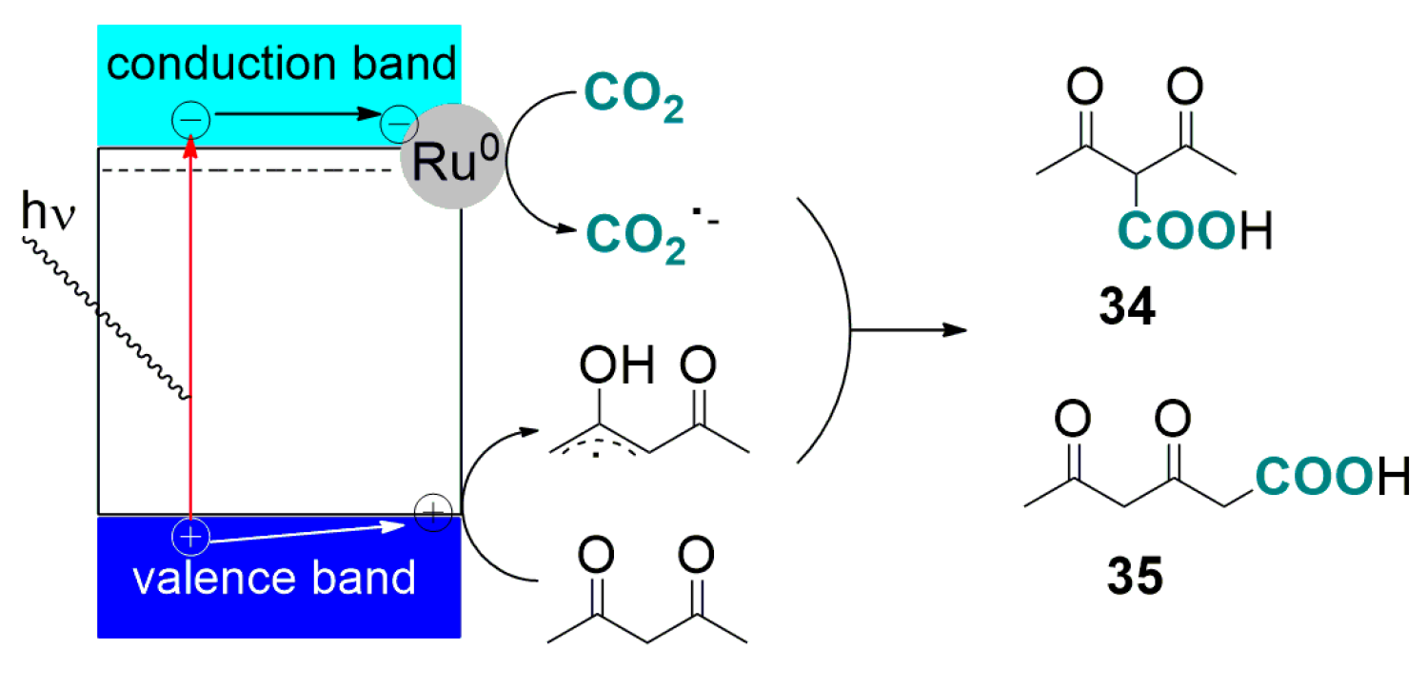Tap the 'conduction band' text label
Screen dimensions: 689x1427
pos(282,64)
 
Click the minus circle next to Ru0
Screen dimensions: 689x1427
pos(397,123)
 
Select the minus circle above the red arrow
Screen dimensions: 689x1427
pos(190,120)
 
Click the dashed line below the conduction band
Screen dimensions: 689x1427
pos(248,170)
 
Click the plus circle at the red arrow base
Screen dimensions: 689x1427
pos(190,538)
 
